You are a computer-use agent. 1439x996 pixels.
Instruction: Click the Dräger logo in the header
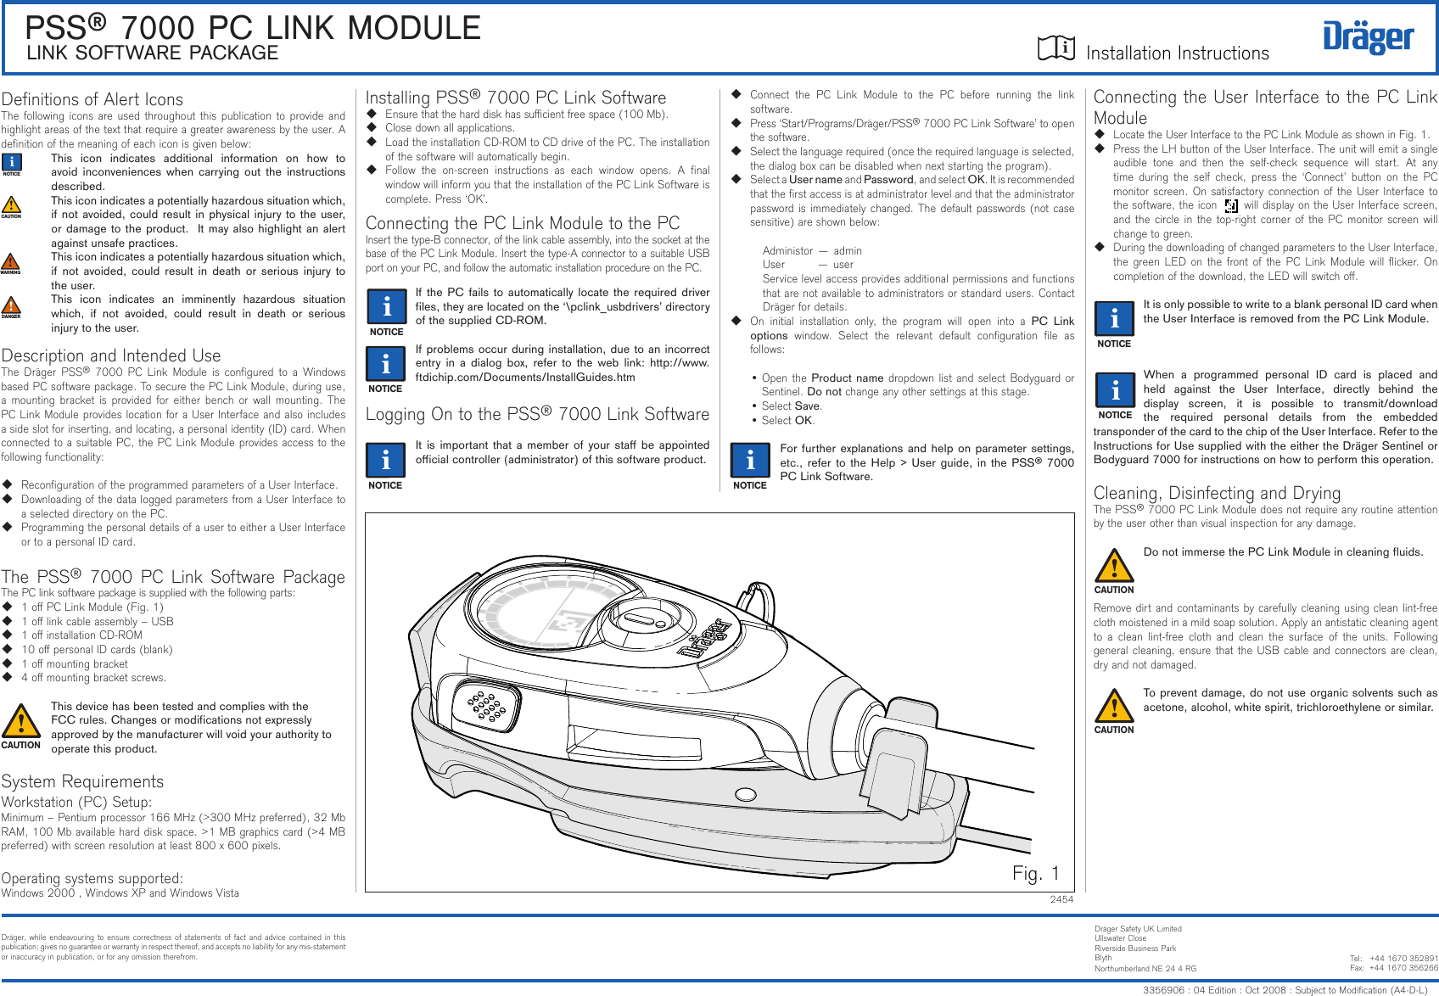coord(1368,37)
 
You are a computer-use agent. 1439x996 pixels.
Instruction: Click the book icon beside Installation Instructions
coord(1056,48)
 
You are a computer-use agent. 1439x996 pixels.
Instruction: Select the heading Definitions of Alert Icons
coord(92,99)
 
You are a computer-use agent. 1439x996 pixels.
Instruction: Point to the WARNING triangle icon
coord(11,262)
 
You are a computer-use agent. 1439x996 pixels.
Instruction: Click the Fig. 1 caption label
coord(1036,873)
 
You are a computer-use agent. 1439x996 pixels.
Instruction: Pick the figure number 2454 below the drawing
coord(1061,899)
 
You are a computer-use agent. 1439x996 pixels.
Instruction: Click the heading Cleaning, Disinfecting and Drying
coord(1217,493)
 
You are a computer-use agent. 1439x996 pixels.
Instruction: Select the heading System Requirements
coord(82,781)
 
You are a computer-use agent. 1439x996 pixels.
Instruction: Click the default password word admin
coord(848,251)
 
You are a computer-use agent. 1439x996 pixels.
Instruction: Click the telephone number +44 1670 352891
coord(1403,959)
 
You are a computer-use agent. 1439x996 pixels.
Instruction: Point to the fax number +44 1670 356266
coord(1403,968)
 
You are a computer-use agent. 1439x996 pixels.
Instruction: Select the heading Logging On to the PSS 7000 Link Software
coord(537,414)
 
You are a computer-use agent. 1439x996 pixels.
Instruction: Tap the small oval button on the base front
coord(746,795)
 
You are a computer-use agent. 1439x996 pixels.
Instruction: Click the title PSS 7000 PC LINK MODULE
coord(253,28)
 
